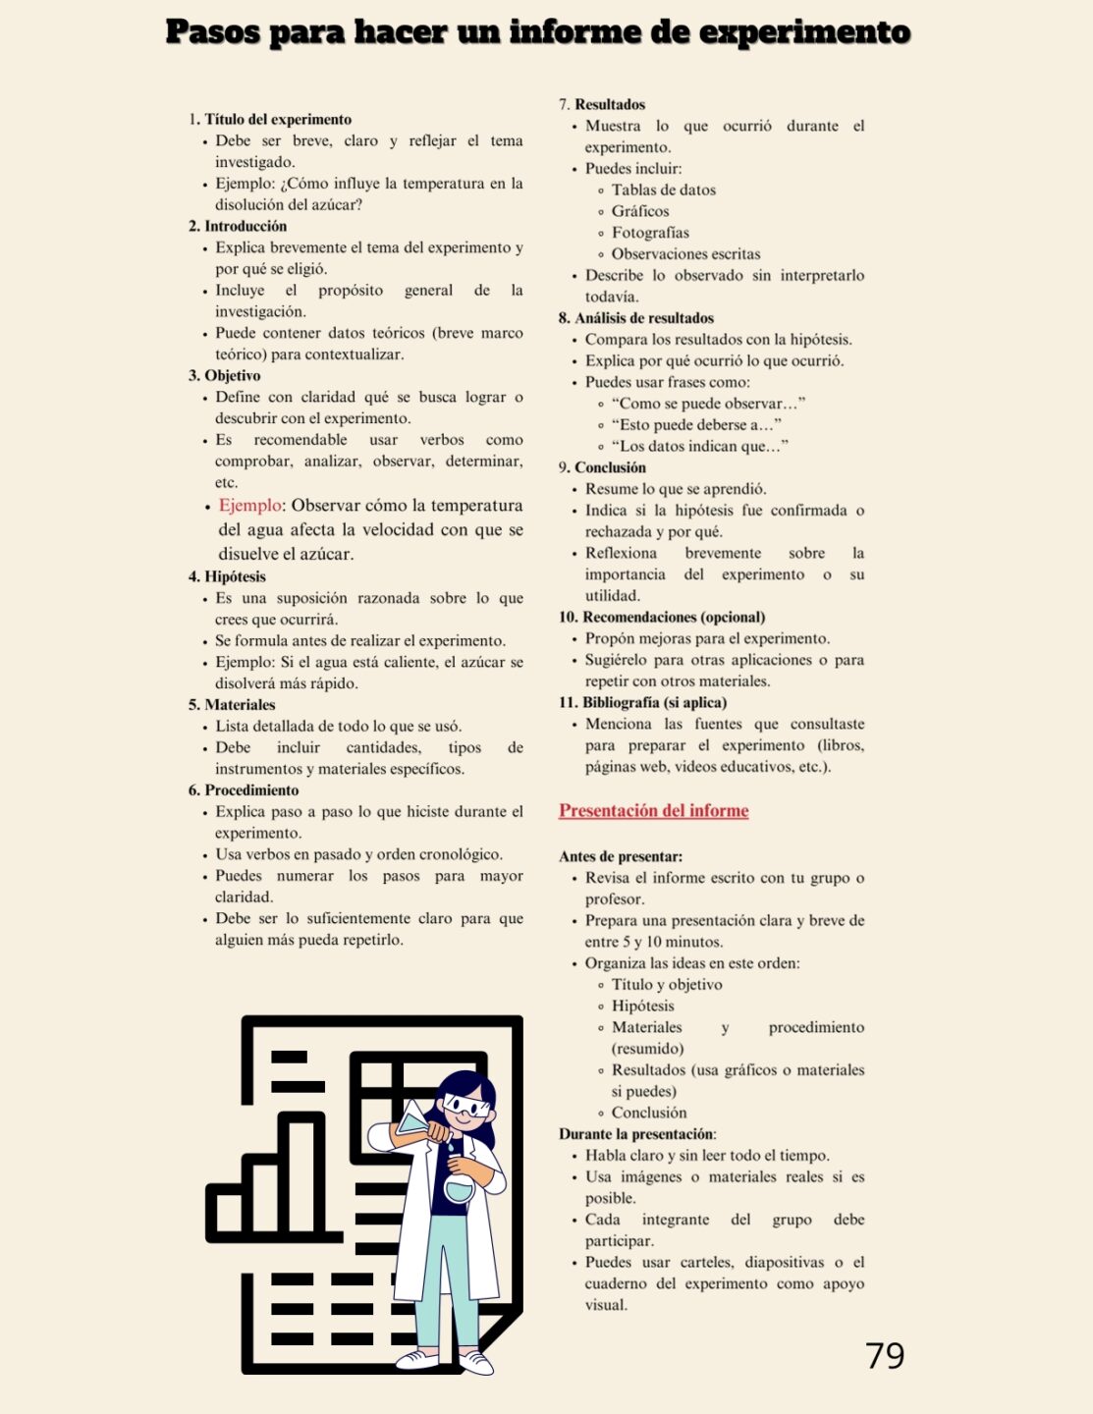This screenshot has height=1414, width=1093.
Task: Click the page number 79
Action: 885,1355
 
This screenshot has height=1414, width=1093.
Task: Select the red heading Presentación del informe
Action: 654,811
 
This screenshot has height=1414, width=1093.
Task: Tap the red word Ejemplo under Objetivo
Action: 249,506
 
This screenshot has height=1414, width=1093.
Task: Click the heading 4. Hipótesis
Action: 227,576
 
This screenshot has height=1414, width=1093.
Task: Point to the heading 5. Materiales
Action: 232,705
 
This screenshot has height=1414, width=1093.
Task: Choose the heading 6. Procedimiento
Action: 244,790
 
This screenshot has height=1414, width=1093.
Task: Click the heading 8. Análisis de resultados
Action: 636,318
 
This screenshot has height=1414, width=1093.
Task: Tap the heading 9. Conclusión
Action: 603,467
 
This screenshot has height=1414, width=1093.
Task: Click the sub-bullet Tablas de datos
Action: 663,190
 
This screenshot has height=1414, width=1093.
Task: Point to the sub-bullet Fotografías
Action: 650,233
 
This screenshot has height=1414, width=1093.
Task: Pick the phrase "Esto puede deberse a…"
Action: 696,425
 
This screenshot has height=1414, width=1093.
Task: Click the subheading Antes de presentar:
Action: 621,856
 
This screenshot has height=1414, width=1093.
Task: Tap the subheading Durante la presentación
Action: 636,1134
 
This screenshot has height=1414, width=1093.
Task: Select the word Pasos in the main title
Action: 212,32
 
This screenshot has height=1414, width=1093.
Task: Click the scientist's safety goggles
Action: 465,1108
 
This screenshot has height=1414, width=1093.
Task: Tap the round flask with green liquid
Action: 459,1190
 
